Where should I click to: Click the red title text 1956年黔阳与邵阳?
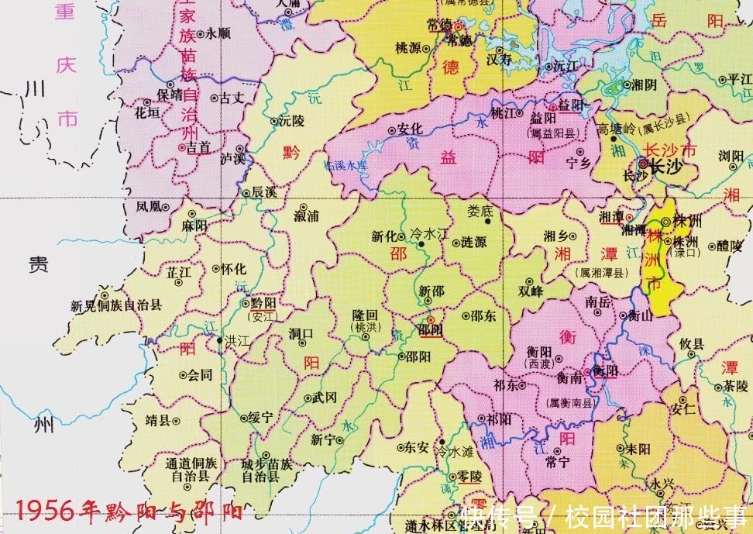pos(128,512)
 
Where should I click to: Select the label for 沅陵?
pos(292,121)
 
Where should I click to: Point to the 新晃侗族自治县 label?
pos(116,306)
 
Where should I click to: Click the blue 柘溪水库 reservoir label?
pos(346,164)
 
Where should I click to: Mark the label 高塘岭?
pos(616,127)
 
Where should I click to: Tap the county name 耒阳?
pos(638,448)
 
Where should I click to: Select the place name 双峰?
pos(531,291)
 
